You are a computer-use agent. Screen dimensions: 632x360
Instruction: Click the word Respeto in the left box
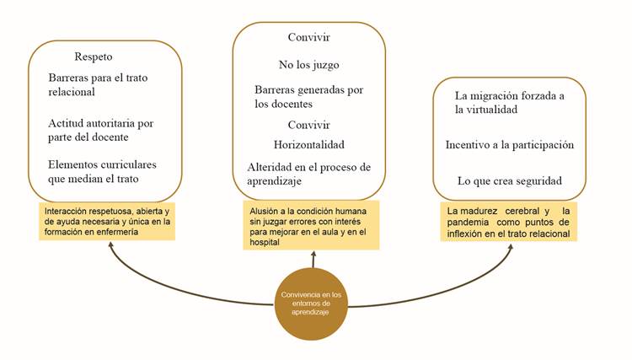pyautogui.click(x=93, y=56)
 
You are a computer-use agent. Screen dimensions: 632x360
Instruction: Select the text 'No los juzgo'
pyautogui.click(x=308, y=65)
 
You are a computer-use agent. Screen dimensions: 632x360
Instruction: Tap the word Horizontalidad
pyautogui.click(x=308, y=145)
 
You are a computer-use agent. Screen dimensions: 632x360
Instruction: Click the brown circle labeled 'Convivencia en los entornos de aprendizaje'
pyautogui.click(x=311, y=304)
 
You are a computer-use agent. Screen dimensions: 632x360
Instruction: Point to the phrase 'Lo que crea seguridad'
pyautogui.click(x=510, y=180)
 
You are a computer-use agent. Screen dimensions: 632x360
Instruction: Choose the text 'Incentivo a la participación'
pyautogui.click(x=510, y=145)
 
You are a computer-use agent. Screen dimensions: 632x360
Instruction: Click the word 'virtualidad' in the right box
pyautogui.click(x=493, y=110)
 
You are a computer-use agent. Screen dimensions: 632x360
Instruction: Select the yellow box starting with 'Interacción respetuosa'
pyautogui.click(x=107, y=221)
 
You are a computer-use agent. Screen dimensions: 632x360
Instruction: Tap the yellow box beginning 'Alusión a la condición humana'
pyautogui.click(x=311, y=225)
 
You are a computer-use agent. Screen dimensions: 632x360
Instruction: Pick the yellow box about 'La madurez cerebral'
pyautogui.click(x=508, y=222)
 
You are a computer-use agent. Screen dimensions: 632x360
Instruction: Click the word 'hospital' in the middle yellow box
pyautogui.click(x=265, y=242)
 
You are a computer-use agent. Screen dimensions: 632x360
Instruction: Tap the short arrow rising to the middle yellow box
pyautogui.click(x=313, y=259)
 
